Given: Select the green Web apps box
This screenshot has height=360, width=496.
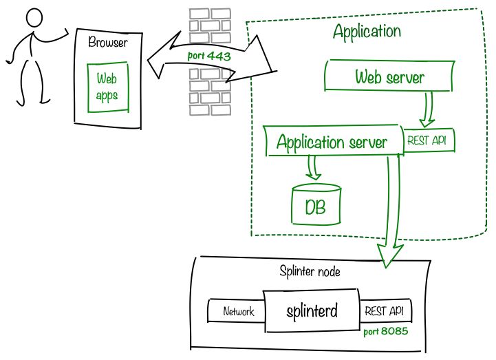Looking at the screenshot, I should [x=107, y=87].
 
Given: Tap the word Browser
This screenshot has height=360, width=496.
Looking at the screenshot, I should [x=108, y=43].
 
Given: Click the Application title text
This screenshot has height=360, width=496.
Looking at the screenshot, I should [x=367, y=31].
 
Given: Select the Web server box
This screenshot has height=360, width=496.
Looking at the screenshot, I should [x=389, y=76].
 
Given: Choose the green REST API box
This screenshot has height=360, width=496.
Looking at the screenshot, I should [x=429, y=140].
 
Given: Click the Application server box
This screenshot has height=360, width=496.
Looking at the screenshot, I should [x=331, y=142].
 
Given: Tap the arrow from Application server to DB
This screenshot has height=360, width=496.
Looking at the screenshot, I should [x=314, y=168].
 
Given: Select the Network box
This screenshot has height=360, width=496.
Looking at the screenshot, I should [x=237, y=311].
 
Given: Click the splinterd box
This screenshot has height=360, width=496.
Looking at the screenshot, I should [x=312, y=310].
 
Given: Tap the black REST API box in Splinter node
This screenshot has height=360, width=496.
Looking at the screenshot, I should [x=386, y=311].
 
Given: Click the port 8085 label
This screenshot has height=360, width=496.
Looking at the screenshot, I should [x=386, y=331].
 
